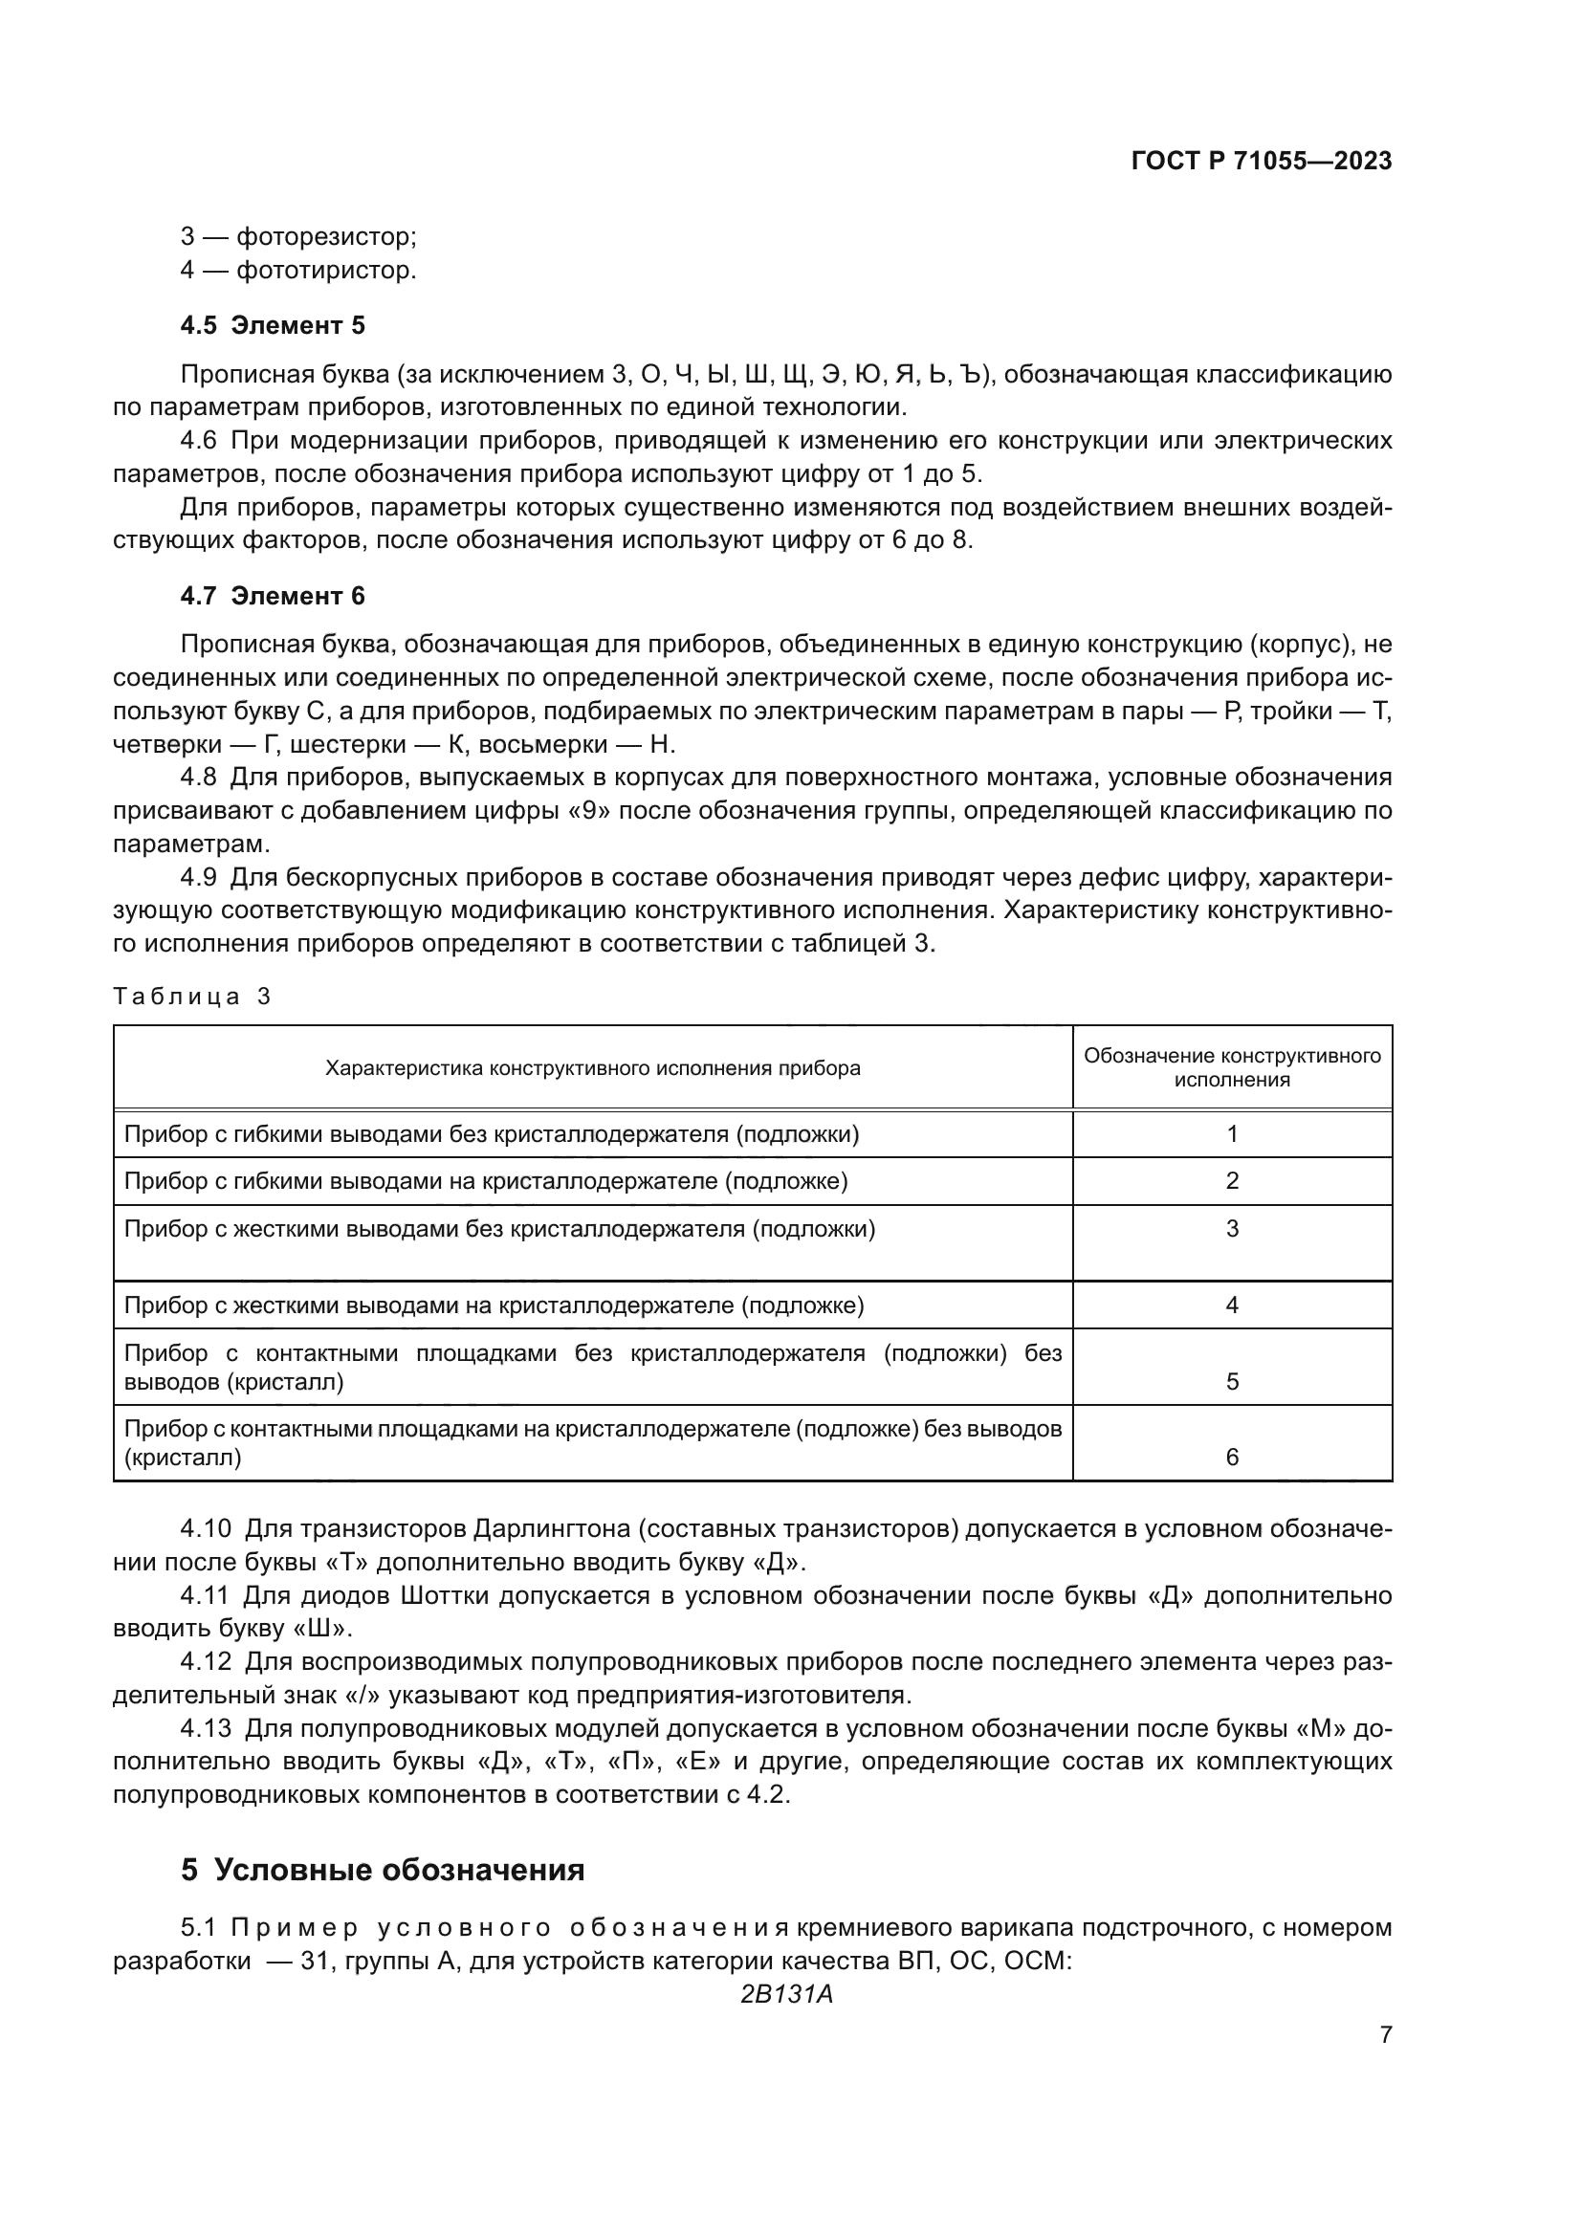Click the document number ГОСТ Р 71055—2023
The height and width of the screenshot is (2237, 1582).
point(1261,162)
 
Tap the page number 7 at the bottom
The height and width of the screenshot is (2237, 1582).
point(1385,2034)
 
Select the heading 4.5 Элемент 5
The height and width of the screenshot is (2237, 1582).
point(272,325)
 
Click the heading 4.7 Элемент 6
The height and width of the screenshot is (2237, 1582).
point(272,595)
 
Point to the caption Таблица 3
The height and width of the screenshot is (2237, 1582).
point(192,996)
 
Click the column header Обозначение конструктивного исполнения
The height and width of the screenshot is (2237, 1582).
point(1231,1067)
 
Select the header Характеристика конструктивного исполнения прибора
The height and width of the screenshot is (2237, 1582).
point(592,1068)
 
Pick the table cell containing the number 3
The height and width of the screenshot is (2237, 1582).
point(1231,1229)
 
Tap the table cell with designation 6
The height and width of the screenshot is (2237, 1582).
point(1231,1457)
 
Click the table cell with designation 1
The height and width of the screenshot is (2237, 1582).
point(1231,1133)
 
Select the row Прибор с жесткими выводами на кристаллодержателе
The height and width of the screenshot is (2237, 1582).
point(494,1305)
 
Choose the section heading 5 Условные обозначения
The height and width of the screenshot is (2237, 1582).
point(382,1870)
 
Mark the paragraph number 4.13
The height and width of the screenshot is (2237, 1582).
point(205,1728)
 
